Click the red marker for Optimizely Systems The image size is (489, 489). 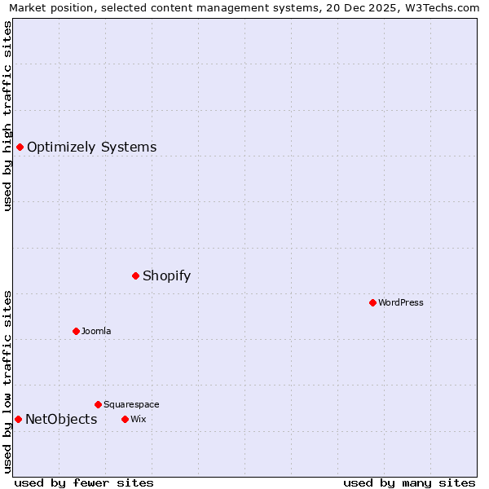pyautogui.click(x=20, y=147)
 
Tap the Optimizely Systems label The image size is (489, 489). pyautogui.click(x=91, y=148)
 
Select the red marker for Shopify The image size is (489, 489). pyautogui.click(x=135, y=275)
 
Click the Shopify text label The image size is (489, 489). pyautogui.click(x=166, y=275)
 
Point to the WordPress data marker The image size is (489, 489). pyautogui.click(x=372, y=302)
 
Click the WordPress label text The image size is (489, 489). pyautogui.click(x=400, y=302)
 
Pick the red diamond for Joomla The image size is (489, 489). pyautogui.click(x=76, y=331)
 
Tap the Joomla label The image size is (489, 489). pyautogui.click(x=95, y=331)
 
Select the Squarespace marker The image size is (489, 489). pyautogui.click(x=98, y=404)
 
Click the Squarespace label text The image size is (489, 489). pyautogui.click(x=131, y=404)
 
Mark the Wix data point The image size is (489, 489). pyautogui.click(x=125, y=419)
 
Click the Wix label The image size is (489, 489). pyautogui.click(x=138, y=419)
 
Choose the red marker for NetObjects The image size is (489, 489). pyautogui.click(x=18, y=419)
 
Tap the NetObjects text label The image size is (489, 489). pyautogui.click(x=61, y=420)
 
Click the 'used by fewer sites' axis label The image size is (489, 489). pyautogui.click(x=84, y=482)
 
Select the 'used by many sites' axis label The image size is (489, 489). pyautogui.click(x=409, y=482)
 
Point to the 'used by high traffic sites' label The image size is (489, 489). pyautogui.click(x=7, y=116)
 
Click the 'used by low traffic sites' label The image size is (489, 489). pyautogui.click(x=7, y=381)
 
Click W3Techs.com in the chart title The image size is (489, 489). pyautogui.click(x=440, y=7)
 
